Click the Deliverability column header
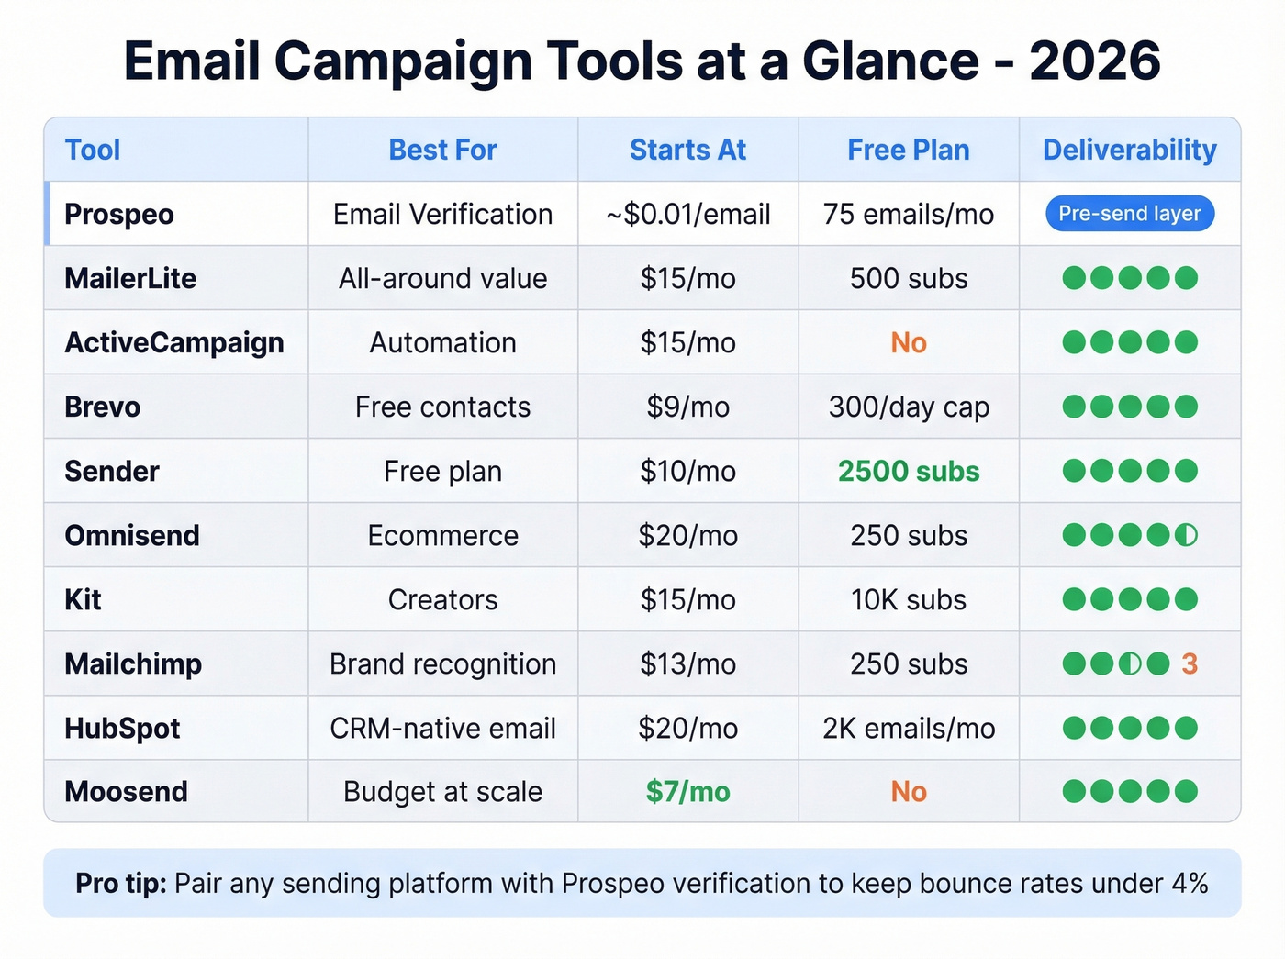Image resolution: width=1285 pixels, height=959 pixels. pyautogui.click(x=1129, y=150)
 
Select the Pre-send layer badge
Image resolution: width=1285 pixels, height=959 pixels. pyautogui.click(x=1129, y=214)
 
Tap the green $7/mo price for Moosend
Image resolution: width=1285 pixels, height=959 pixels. pyautogui.click(x=687, y=791)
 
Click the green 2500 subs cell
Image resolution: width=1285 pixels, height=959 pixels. pyautogui.click(x=909, y=471)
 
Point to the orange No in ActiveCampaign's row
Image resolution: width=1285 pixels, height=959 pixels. pyautogui.click(x=909, y=342)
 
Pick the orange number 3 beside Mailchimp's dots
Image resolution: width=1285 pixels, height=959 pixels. pyautogui.click(x=1190, y=663)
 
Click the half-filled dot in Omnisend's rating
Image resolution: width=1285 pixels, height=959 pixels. pyautogui.click(x=1187, y=535)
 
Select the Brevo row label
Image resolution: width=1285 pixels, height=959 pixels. pyautogui.click(x=103, y=407)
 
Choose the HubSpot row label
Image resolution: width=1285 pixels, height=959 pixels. pyautogui.click(x=122, y=728)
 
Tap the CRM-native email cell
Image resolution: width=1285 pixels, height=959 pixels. pyautogui.click(x=442, y=728)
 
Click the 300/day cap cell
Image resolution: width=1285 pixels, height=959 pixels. pyautogui.click(x=909, y=407)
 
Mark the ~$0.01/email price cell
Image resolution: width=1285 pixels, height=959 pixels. pyautogui.click(x=687, y=214)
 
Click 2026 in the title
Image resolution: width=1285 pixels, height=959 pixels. pyautogui.click(x=1094, y=61)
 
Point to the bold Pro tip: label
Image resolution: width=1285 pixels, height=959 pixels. pyautogui.click(x=120, y=883)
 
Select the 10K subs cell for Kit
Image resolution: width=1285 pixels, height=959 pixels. pyautogui.click(x=909, y=599)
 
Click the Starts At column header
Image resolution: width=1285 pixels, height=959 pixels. pyautogui.click(x=687, y=150)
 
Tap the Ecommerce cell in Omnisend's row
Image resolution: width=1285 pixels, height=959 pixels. pyautogui.click(x=442, y=535)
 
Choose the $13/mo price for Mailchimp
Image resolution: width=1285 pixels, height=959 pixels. pyautogui.click(x=687, y=663)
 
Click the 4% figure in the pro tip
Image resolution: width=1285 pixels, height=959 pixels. pyautogui.click(x=1190, y=883)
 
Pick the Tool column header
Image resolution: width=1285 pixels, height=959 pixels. pyautogui.click(x=93, y=150)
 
